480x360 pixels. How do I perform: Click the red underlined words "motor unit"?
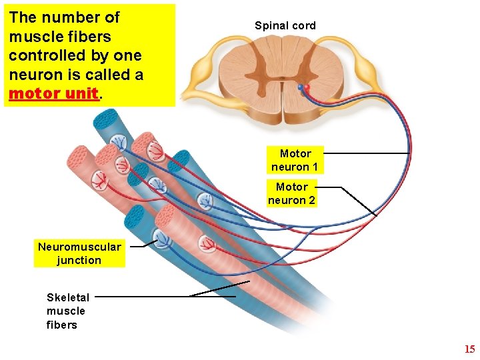pos(53,93)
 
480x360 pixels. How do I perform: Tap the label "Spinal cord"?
pos(285,26)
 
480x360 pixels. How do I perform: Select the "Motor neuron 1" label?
pos(295,160)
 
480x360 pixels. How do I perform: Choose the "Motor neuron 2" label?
pos(292,193)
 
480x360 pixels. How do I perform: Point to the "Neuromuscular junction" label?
pos(79,253)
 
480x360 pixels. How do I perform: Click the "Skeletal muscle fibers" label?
pos(67,311)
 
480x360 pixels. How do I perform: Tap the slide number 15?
pos(469,349)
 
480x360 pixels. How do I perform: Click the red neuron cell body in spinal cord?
pos(307,88)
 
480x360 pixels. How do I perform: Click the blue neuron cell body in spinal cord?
pos(301,87)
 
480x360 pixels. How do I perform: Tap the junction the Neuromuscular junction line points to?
pos(163,235)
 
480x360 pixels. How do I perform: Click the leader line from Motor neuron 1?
pos(367,153)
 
